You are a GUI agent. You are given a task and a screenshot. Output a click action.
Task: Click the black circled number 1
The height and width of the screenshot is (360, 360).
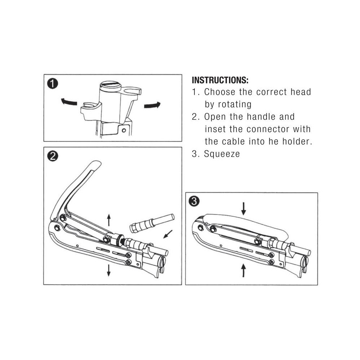[53, 84]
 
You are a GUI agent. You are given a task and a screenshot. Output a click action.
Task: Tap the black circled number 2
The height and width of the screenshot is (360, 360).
[53, 156]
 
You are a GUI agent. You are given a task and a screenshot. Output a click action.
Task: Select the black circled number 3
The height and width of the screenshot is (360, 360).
[194, 201]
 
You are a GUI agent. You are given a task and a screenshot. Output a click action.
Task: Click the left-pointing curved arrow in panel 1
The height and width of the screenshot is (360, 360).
[69, 102]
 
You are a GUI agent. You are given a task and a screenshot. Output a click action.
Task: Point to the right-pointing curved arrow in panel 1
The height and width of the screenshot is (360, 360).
[152, 105]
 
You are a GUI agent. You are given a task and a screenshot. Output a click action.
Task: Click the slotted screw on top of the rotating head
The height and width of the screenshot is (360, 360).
[111, 86]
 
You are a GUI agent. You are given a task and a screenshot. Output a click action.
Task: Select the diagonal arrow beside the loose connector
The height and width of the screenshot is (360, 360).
[168, 234]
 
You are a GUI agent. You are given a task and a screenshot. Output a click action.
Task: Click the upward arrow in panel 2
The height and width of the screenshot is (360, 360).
[109, 220]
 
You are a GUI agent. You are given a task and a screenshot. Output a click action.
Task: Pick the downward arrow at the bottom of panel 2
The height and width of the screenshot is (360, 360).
[109, 270]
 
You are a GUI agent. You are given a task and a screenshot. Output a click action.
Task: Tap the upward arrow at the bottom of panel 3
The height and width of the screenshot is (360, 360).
[243, 270]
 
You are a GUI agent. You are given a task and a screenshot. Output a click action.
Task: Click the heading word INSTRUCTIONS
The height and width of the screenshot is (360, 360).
[220, 80]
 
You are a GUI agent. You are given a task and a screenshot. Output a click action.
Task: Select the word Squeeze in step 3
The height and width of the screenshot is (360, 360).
[222, 154]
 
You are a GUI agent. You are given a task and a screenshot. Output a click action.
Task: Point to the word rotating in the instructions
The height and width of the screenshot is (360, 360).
[234, 104]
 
